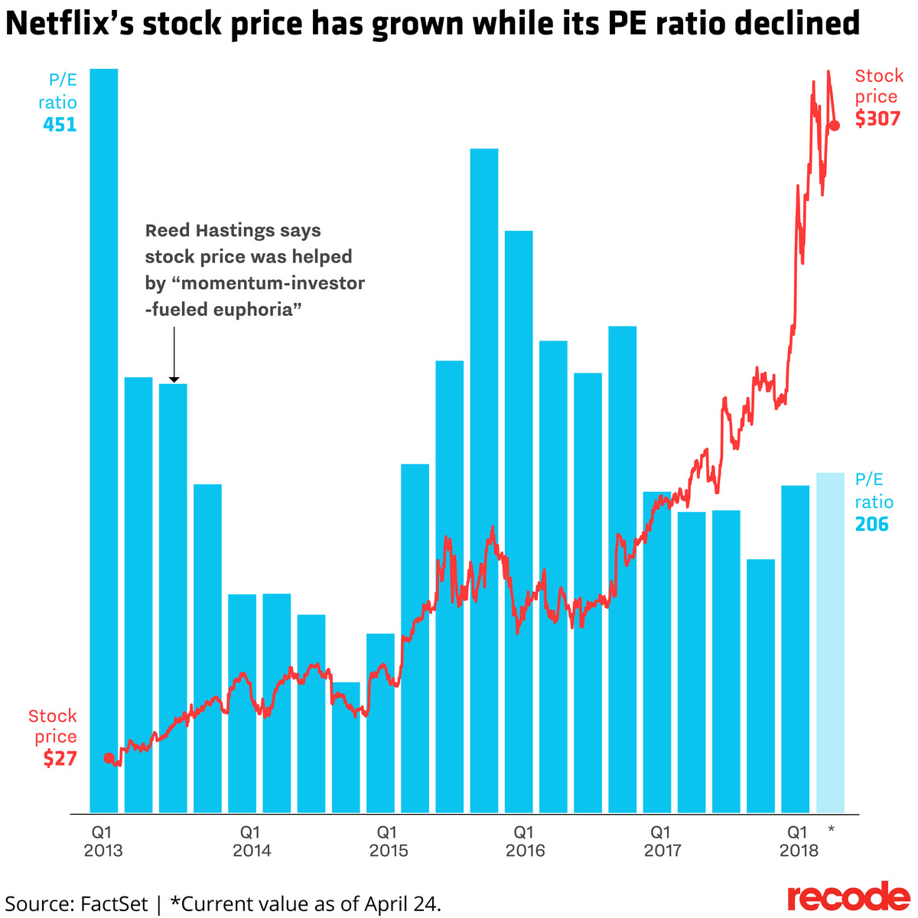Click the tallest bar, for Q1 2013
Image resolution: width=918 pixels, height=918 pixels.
(104, 440)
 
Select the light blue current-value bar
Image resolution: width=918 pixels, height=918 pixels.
(830, 643)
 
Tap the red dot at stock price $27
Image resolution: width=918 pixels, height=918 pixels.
(109, 758)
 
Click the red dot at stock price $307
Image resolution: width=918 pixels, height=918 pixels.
(835, 125)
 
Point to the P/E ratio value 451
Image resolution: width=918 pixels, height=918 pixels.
(60, 125)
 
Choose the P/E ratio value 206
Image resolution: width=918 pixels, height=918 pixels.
(872, 525)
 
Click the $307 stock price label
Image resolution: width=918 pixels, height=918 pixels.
(877, 119)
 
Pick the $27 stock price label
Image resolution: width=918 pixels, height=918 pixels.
(60, 759)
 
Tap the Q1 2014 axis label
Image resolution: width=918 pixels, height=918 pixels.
(251, 841)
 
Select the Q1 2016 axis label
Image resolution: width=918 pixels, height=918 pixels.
(524, 841)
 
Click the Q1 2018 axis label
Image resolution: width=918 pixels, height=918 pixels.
(798, 841)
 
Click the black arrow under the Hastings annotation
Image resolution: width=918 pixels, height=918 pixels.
(174, 355)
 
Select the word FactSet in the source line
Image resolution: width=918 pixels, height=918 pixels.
(114, 903)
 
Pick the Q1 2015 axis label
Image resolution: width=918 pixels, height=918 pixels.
(388, 841)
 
